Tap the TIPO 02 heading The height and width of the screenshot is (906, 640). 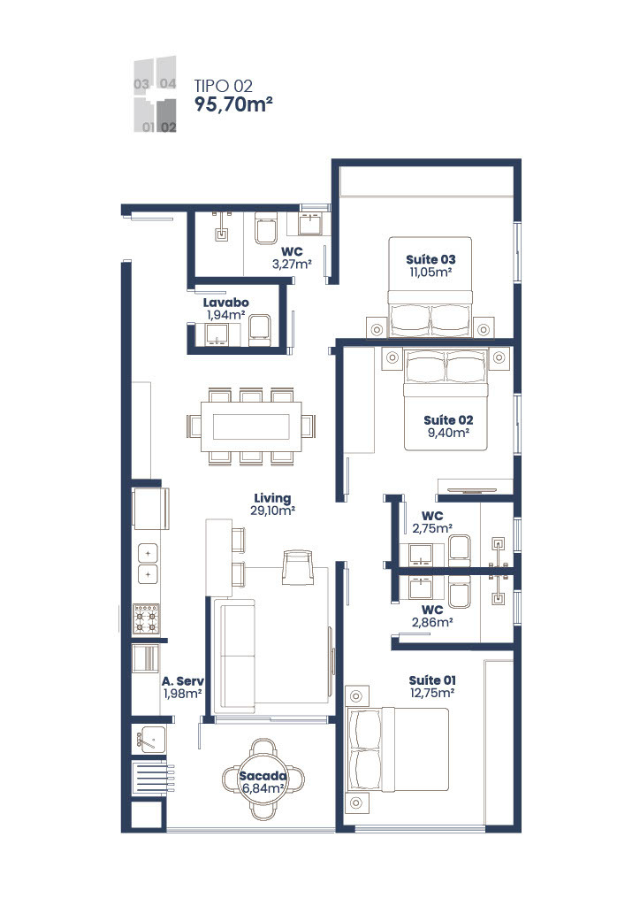(224, 86)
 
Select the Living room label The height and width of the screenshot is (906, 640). (272, 499)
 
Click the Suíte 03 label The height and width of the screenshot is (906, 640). (430, 259)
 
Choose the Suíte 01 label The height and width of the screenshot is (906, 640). (432, 679)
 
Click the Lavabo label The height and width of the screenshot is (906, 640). (225, 303)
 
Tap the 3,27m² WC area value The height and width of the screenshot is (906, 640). (291, 264)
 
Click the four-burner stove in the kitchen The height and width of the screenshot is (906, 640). (146, 618)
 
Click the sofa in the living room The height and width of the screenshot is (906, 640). (237, 654)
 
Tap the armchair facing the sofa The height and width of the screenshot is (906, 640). (297, 567)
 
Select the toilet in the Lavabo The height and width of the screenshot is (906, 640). (260, 330)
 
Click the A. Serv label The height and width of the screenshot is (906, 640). (183, 681)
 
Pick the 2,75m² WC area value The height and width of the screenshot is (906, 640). (431, 528)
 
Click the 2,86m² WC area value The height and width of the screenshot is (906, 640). (431, 622)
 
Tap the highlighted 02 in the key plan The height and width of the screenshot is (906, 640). (168, 127)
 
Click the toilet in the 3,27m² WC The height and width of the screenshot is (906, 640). (265, 231)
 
